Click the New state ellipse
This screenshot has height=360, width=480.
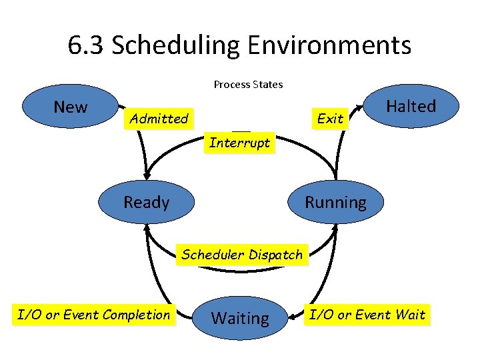tap(70, 107)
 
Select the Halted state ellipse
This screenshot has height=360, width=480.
tap(411, 106)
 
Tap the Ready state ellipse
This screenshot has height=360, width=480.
tap(146, 201)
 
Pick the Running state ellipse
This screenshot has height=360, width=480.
tap(335, 201)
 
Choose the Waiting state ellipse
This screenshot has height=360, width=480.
tap(240, 318)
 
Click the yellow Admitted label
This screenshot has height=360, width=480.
tap(159, 119)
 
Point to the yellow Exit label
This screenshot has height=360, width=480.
tap(330, 119)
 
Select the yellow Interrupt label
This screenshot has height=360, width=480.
tap(239, 143)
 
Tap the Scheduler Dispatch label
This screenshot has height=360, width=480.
tap(242, 254)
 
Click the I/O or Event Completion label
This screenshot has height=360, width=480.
tap(94, 314)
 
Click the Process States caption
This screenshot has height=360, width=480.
tap(248, 85)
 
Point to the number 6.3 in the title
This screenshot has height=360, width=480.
tap(87, 45)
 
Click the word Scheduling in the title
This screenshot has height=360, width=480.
tap(177, 45)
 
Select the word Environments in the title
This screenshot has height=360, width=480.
tap(329, 45)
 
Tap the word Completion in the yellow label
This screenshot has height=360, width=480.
tap(137, 314)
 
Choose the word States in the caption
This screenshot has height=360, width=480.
tap(267, 85)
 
